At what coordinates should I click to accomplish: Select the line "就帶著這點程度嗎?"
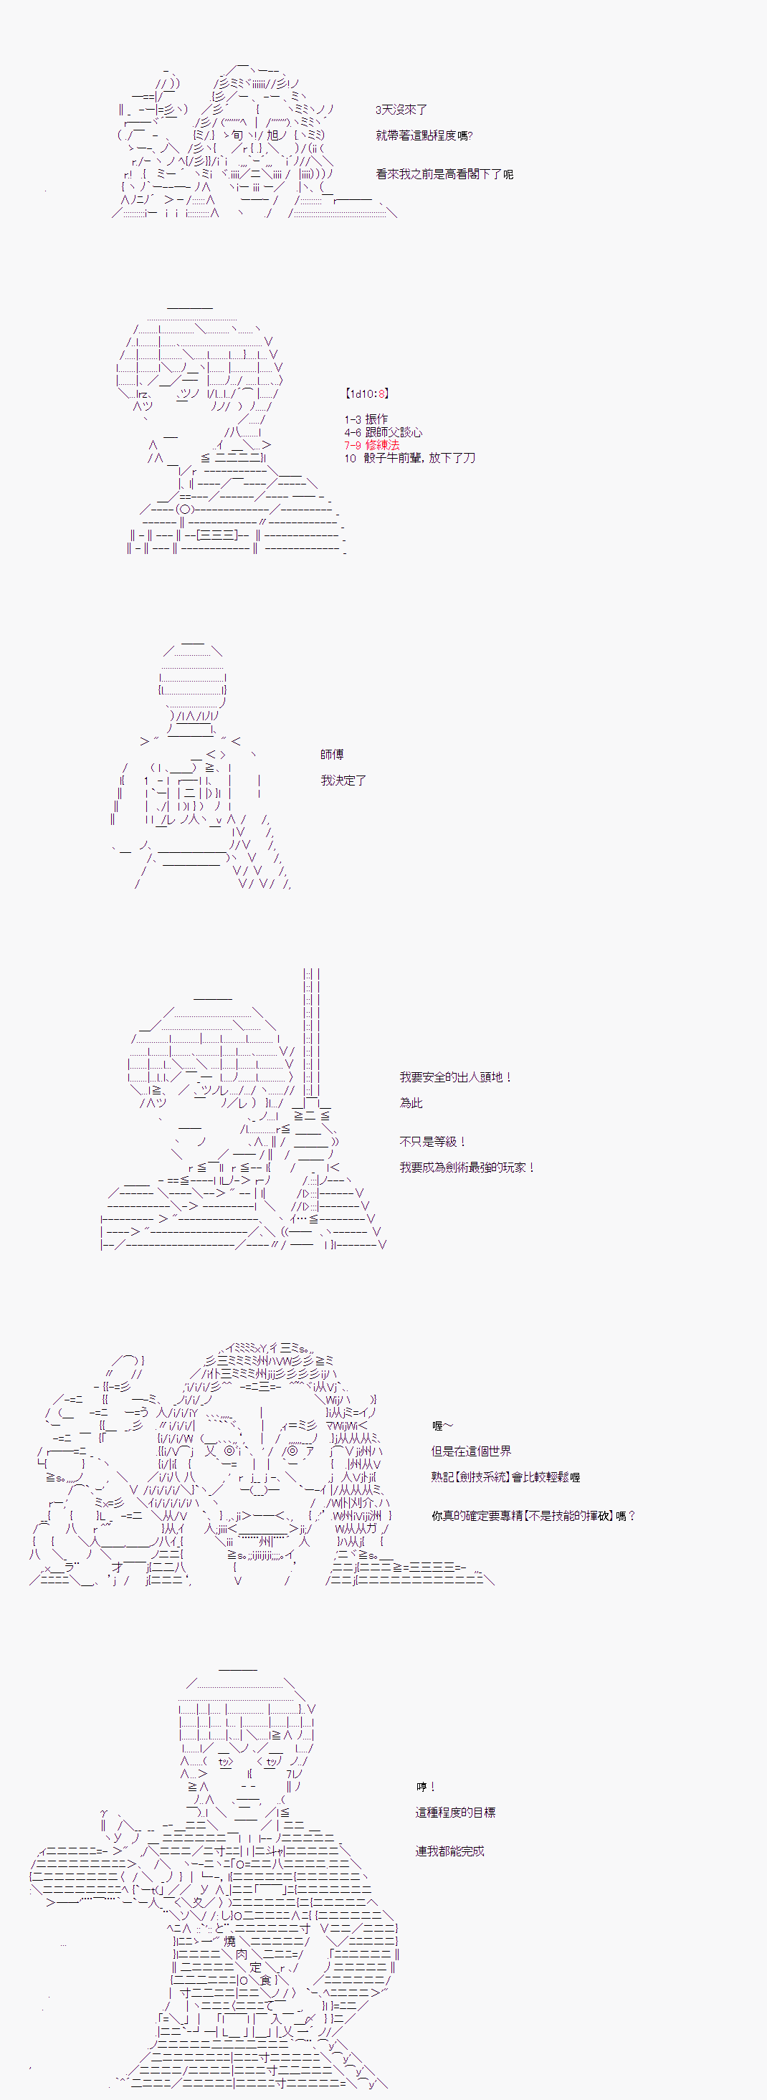pos(424,136)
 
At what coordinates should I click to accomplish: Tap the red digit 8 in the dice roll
pos(381,393)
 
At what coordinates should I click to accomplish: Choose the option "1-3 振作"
pos(366,420)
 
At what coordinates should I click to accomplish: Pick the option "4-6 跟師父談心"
pos(383,433)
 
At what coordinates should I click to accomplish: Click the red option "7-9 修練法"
pos(372,445)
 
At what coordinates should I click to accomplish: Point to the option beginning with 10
pos(409,458)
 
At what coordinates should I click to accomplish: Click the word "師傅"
pos(332,755)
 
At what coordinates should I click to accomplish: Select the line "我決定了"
pos(343,781)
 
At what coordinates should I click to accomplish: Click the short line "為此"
pos(411,1103)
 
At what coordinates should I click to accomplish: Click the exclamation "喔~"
pos(442,1426)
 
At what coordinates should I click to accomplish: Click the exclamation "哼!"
pos(426,1787)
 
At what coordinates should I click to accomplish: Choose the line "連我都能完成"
pos(449,1851)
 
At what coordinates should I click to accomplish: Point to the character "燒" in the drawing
pos(230,1941)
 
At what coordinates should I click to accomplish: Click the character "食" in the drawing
pos(265,1980)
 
